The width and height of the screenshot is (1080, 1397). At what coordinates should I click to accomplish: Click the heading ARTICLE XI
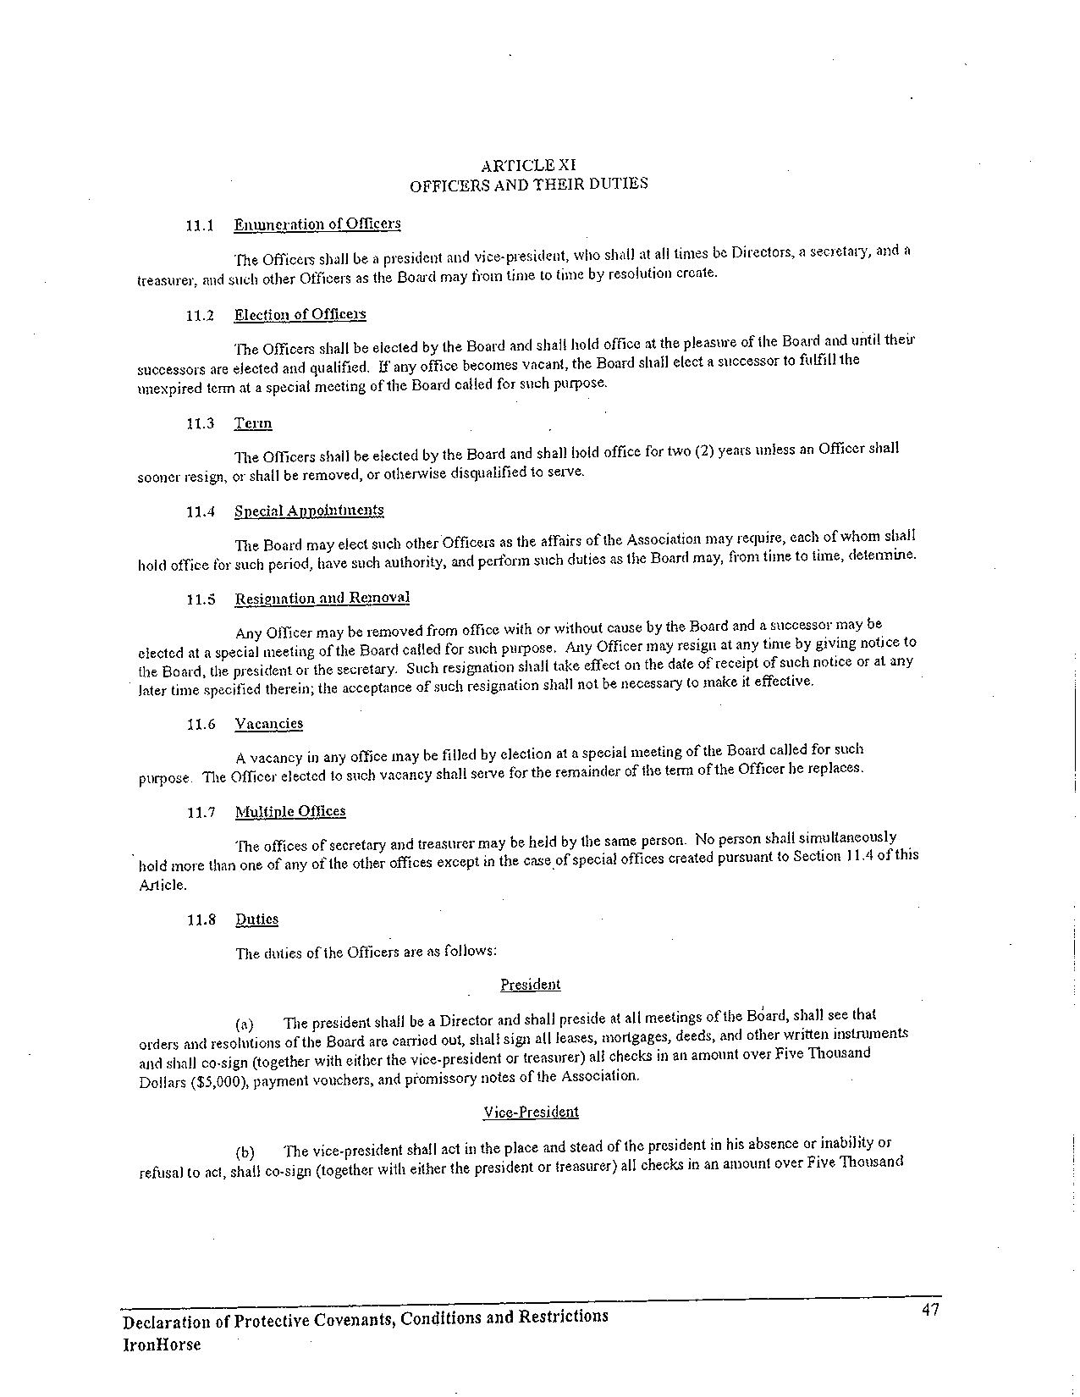click(x=528, y=165)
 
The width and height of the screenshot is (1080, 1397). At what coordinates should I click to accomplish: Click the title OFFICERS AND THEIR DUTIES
click(x=529, y=184)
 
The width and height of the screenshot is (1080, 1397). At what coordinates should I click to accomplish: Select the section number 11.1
click(x=201, y=226)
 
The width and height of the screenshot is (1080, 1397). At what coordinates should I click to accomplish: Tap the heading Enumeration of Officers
click(x=317, y=224)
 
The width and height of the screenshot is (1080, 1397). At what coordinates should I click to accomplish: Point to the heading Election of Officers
click(x=300, y=315)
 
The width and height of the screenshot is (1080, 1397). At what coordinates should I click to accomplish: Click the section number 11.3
click(x=201, y=423)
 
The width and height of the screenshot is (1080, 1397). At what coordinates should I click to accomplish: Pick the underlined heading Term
click(x=253, y=423)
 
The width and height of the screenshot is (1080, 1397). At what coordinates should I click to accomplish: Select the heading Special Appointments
click(x=309, y=511)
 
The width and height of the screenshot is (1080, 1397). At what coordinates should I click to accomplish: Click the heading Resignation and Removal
click(x=322, y=598)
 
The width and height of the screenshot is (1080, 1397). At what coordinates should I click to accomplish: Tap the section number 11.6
click(x=201, y=725)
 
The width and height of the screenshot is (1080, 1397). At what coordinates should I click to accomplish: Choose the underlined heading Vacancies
click(x=268, y=724)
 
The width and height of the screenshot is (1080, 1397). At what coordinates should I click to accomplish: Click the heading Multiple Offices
click(x=290, y=812)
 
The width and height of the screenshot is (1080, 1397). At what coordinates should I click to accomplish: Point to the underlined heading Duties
click(x=256, y=919)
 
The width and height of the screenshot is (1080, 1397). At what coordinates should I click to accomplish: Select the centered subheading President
click(x=530, y=985)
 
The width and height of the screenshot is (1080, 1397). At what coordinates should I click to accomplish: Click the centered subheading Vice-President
click(x=531, y=1113)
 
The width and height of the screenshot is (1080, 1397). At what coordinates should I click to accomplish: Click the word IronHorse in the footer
click(x=163, y=1345)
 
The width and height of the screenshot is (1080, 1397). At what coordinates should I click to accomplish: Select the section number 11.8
click(x=201, y=920)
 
